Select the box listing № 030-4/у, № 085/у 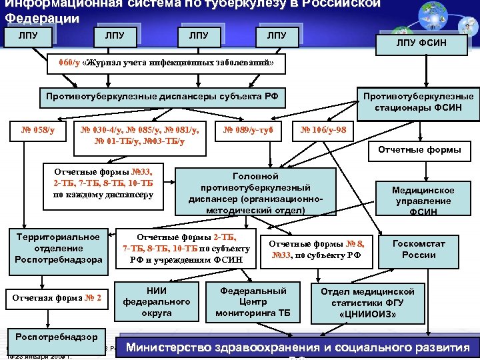140,134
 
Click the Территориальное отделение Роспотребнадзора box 59,249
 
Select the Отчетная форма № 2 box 57,298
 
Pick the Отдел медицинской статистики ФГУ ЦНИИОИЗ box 367,302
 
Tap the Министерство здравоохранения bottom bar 298,348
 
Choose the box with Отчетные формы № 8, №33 317,249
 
